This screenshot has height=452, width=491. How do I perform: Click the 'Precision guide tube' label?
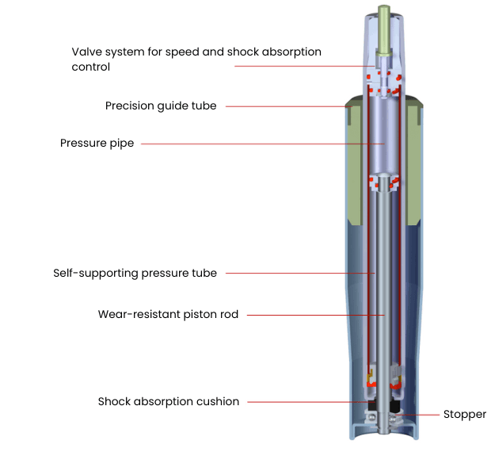tap(161, 105)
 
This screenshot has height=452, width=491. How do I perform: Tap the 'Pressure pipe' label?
tap(97, 144)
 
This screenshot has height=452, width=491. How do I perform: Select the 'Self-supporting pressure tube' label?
tap(135, 273)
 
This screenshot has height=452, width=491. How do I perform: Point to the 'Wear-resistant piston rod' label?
tap(168, 314)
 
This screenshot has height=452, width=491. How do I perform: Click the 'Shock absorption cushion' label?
tap(168, 401)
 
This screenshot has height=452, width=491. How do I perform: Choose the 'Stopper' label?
tap(465, 414)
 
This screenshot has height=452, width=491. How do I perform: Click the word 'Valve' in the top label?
tap(87, 52)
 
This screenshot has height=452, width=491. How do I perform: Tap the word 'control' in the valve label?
tap(90, 67)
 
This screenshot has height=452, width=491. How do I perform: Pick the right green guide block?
tap(413, 159)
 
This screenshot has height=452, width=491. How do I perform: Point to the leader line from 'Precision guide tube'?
tap(285, 106)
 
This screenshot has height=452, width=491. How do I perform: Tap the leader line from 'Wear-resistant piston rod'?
tap(309, 315)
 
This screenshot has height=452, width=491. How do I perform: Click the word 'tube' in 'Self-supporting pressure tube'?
tap(204, 273)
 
